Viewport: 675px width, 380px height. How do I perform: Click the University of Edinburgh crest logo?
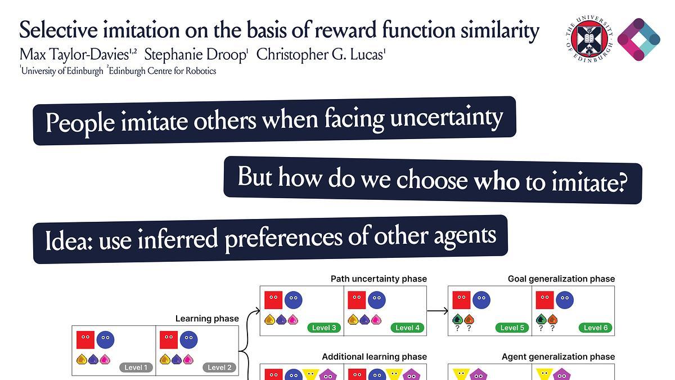[589, 39]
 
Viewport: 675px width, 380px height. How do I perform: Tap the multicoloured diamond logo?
[639, 39]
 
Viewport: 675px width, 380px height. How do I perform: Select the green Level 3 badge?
[324, 328]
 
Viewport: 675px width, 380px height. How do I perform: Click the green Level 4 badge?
[407, 328]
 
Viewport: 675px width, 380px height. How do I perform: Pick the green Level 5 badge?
[512, 328]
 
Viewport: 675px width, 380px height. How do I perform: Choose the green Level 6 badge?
[596, 328]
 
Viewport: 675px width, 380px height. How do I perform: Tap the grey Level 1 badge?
[136, 368]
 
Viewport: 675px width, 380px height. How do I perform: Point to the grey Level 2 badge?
[219, 368]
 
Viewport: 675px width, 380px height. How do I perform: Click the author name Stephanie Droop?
[195, 55]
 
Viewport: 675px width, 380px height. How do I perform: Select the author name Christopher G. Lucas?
[321, 55]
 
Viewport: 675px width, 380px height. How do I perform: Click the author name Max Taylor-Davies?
[78, 55]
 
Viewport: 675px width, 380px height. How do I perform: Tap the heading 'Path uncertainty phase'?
[379, 279]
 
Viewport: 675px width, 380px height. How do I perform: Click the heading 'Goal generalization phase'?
[561, 279]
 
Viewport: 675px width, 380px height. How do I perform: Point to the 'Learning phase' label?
[207, 319]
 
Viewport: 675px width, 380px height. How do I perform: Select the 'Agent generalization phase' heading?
[559, 357]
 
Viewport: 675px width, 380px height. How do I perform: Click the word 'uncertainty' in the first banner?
[447, 118]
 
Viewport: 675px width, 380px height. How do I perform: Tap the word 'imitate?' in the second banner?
[590, 183]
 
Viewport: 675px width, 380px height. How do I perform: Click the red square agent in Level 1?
[85, 340]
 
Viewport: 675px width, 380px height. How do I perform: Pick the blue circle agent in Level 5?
[481, 300]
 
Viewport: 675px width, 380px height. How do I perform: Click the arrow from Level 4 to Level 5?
[438, 311]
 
